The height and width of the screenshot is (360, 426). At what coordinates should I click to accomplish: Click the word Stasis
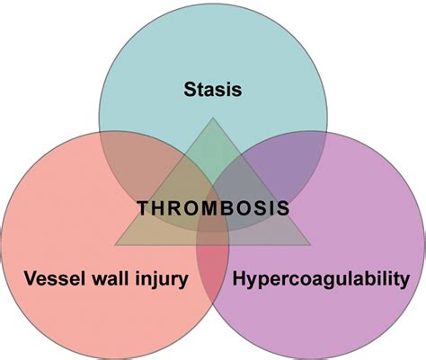pyautogui.click(x=213, y=90)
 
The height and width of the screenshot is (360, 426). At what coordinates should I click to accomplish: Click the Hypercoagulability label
pyautogui.click(x=321, y=279)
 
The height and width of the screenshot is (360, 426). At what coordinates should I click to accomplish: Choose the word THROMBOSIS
pyautogui.click(x=213, y=208)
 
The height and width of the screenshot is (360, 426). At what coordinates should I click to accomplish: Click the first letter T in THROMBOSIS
pyautogui.click(x=143, y=208)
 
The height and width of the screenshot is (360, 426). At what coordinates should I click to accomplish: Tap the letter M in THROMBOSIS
pyautogui.click(x=209, y=208)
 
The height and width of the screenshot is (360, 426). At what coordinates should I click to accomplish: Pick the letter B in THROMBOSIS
pyautogui.click(x=226, y=208)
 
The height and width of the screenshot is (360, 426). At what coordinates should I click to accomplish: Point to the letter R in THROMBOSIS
pyautogui.click(x=175, y=208)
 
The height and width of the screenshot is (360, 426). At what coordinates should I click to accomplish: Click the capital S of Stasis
pyautogui.click(x=191, y=90)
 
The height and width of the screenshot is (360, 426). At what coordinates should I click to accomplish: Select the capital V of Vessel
pyautogui.click(x=31, y=278)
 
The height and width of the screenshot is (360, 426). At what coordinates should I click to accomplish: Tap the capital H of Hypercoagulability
pyautogui.click(x=239, y=278)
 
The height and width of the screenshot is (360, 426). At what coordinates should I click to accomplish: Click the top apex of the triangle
pyautogui.click(x=213, y=118)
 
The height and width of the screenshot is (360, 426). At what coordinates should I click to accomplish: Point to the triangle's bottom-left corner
pyautogui.click(x=115, y=245)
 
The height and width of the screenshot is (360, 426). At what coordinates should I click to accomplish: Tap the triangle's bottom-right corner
pyautogui.click(x=310, y=245)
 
